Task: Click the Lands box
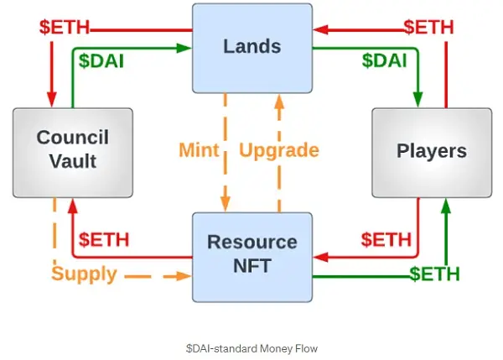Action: pyautogui.click(x=251, y=47)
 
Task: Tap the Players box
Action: pyautogui.click(x=431, y=151)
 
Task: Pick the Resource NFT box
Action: pyautogui.click(x=251, y=257)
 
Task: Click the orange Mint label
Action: pyautogui.click(x=199, y=151)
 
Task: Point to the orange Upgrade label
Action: pyautogui.click(x=279, y=151)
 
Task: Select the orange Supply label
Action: pyautogui.click(x=84, y=274)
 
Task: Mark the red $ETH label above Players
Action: pyautogui.click(x=428, y=26)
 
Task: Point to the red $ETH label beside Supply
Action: pyautogui.click(x=104, y=239)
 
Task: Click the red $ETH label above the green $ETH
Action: pyautogui.click(x=386, y=239)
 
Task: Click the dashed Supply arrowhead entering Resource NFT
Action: pyautogui.click(x=185, y=274)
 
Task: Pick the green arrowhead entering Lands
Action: pyautogui.click(x=185, y=48)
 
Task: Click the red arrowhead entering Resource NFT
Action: pyautogui.click(x=318, y=251)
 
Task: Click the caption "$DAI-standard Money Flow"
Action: pyautogui.click(x=251, y=346)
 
